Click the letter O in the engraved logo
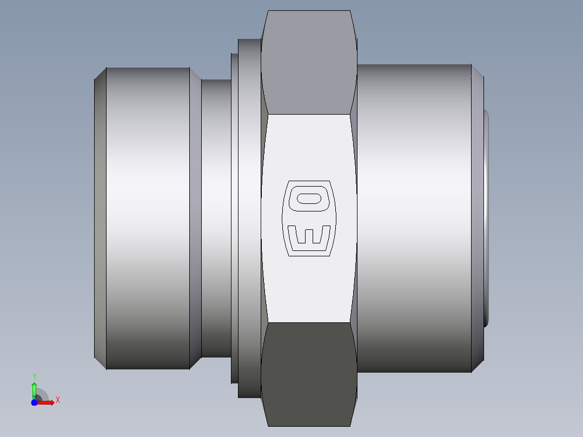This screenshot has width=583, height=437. pos(309,198)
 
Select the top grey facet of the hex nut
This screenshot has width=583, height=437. pos(309,62)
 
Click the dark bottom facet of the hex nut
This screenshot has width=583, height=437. pos(309,374)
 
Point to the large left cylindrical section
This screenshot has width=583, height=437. pos(148,219)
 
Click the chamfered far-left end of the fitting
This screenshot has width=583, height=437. pos(101,219)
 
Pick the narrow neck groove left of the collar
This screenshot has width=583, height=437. pos(216,219)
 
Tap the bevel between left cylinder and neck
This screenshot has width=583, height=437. pos(196,219)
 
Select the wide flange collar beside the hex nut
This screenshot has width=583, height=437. pos(249,219)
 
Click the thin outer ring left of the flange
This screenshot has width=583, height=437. pos(235,219)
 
